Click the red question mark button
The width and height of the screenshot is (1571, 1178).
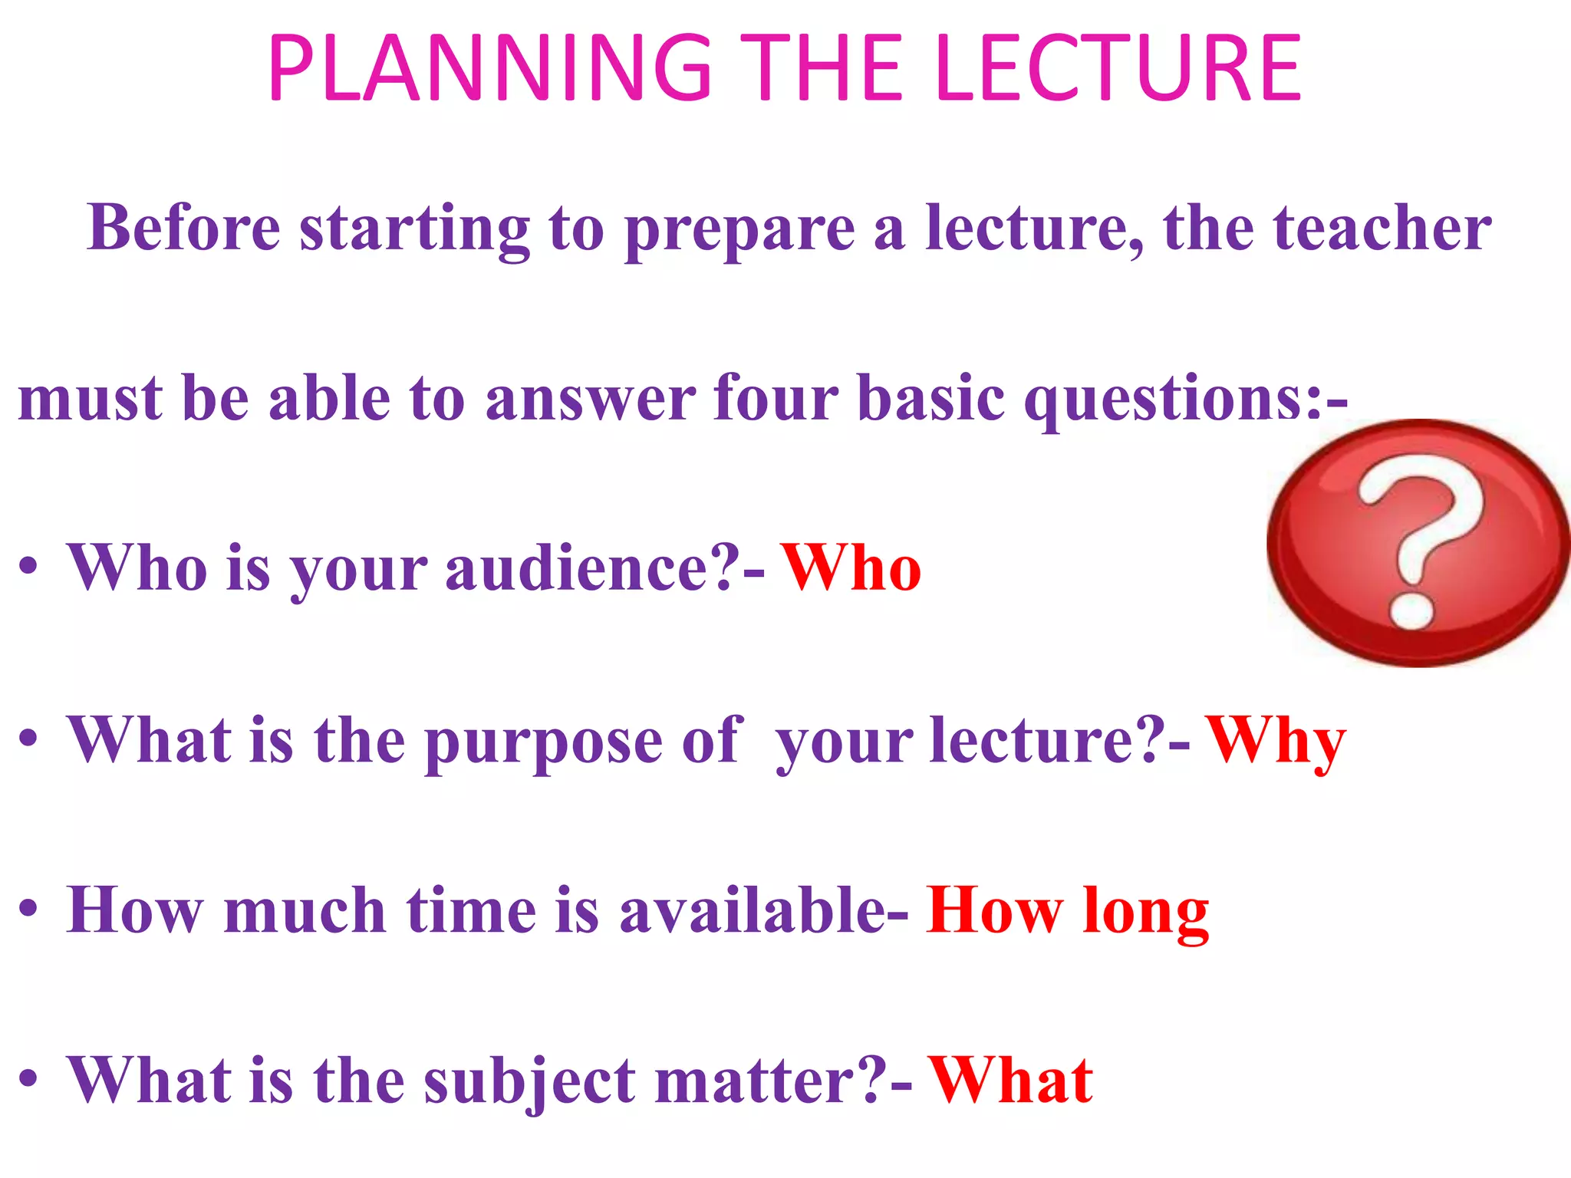click(x=1418, y=542)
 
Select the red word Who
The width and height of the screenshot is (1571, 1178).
click(x=851, y=568)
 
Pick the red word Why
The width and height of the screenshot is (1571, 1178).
click(x=1275, y=741)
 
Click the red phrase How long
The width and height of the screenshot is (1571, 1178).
click(x=1067, y=911)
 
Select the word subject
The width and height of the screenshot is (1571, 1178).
click(x=530, y=1081)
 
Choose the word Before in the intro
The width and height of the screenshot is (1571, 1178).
click(x=184, y=228)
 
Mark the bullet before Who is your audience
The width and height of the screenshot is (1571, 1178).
click(x=28, y=568)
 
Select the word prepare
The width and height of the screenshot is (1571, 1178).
click(x=739, y=229)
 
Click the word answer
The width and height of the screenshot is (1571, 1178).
click(x=591, y=399)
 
